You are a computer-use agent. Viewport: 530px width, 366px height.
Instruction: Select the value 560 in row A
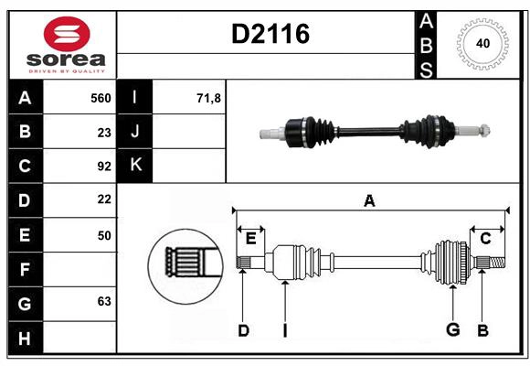coord(101,98)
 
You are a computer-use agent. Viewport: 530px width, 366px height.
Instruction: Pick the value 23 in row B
coord(104,132)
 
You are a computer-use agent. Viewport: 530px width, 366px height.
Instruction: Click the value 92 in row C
coord(104,167)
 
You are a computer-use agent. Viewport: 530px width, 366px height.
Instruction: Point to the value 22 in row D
coord(104,199)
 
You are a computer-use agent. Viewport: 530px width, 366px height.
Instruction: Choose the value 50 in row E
coord(104,235)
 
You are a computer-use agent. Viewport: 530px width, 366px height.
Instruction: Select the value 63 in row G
coord(104,301)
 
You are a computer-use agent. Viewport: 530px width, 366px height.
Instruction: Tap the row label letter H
coord(25,337)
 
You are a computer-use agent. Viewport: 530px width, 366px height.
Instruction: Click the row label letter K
coord(136,166)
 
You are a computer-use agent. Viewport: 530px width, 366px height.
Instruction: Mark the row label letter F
coord(25,269)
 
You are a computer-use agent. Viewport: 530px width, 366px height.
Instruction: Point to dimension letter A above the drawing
coord(369,200)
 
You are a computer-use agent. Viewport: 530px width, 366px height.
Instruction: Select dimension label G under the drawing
coord(451,330)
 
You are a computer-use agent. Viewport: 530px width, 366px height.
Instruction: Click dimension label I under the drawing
coord(284,330)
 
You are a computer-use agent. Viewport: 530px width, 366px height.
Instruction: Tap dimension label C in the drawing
coord(485,239)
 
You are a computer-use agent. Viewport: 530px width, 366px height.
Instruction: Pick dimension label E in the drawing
coord(250,239)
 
